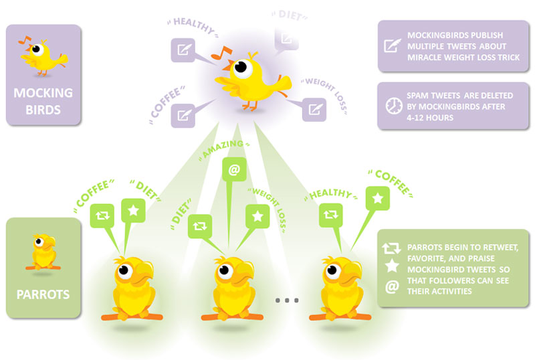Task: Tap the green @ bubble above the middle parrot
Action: pyautogui.click(x=233, y=170)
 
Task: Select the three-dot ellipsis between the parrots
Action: pyautogui.click(x=286, y=301)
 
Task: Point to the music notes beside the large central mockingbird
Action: pyautogui.click(x=219, y=51)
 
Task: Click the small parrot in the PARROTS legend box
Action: pyautogui.click(x=43, y=251)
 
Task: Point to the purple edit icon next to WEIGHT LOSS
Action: pyautogui.click(x=314, y=109)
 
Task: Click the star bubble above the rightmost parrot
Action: pyautogui.click(x=378, y=198)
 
